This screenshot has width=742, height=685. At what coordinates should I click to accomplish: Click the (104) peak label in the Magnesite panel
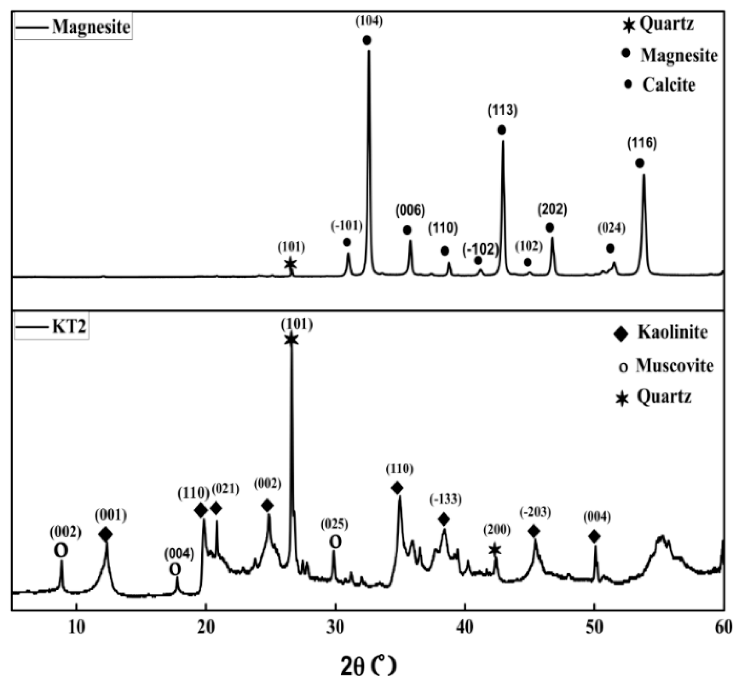pos(369,21)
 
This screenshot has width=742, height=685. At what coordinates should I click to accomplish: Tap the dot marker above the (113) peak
pos(501,130)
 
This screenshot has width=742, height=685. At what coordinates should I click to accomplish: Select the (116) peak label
pos(642,143)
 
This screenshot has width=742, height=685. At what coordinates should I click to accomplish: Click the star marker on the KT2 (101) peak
pos(291,339)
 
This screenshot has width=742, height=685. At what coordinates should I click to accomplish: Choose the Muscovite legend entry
pos(666,366)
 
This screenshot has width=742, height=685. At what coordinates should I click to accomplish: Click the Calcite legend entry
pos(660,85)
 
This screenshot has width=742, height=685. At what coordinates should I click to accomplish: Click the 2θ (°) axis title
pos(368,666)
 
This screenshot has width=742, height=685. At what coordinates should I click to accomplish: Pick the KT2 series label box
pos(52,327)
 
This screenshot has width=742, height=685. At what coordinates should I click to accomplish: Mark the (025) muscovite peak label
pos(335,524)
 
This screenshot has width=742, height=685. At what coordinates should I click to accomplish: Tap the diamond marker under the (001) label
pos(105,534)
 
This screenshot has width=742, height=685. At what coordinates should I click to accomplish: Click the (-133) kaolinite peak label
pos(446,500)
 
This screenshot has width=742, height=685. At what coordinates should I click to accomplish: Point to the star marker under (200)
pos(495,550)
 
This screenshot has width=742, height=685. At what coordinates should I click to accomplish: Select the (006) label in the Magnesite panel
pos(410,211)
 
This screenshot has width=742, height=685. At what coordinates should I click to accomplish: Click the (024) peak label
pos(611,228)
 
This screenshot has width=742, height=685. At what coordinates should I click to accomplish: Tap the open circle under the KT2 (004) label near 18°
pos(175,569)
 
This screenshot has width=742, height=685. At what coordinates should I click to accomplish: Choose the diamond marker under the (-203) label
pos(534,531)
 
